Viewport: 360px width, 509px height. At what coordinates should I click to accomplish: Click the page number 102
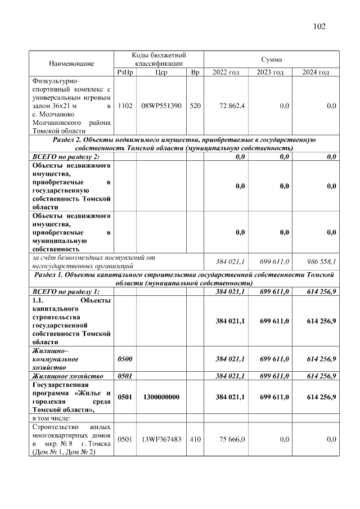click(x=319, y=26)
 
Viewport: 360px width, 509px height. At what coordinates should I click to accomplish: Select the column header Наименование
click(x=71, y=64)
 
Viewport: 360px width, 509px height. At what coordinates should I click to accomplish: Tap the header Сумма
click(x=271, y=59)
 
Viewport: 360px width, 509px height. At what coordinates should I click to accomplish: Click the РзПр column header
click(x=124, y=73)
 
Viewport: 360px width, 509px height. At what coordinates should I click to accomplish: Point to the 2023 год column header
click(x=271, y=73)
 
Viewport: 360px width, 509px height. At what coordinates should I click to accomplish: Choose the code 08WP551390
click(x=161, y=105)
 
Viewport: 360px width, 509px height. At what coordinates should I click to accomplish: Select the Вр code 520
click(x=195, y=105)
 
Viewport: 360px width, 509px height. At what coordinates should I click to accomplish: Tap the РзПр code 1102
click(x=124, y=105)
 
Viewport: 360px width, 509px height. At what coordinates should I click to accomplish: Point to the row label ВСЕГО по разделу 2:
click(x=66, y=156)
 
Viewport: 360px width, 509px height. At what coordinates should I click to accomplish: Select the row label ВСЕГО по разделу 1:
click(x=66, y=291)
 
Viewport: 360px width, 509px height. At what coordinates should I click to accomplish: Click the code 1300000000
click(x=161, y=397)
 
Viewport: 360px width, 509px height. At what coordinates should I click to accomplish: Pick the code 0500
click(x=124, y=358)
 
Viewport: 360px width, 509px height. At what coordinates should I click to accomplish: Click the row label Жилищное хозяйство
click(x=68, y=376)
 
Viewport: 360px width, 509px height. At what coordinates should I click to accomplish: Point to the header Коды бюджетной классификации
click(x=159, y=59)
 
